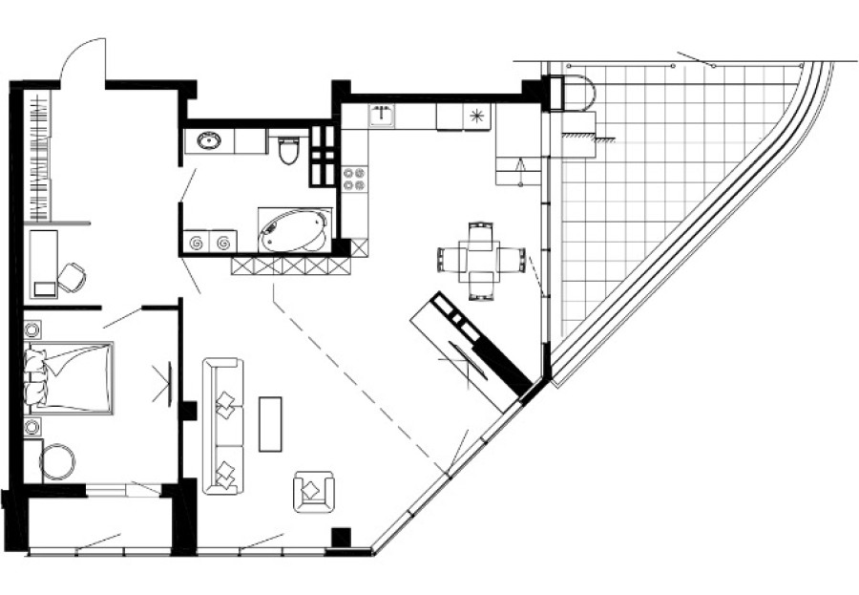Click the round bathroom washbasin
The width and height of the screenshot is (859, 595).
pyautogui.click(x=208, y=142)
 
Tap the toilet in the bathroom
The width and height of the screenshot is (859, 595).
pyautogui.click(x=289, y=149)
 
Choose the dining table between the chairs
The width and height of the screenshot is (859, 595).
pyautogui.click(x=481, y=257)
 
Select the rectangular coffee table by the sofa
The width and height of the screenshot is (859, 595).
pyautogui.click(x=271, y=422)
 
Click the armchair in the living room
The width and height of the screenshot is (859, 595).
pyautogui.click(x=314, y=490)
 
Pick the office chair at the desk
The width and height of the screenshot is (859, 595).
pyautogui.click(x=72, y=278)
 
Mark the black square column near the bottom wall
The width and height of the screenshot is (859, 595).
pyautogui.click(x=340, y=538)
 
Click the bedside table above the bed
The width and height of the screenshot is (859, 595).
pyautogui.click(x=31, y=330)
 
